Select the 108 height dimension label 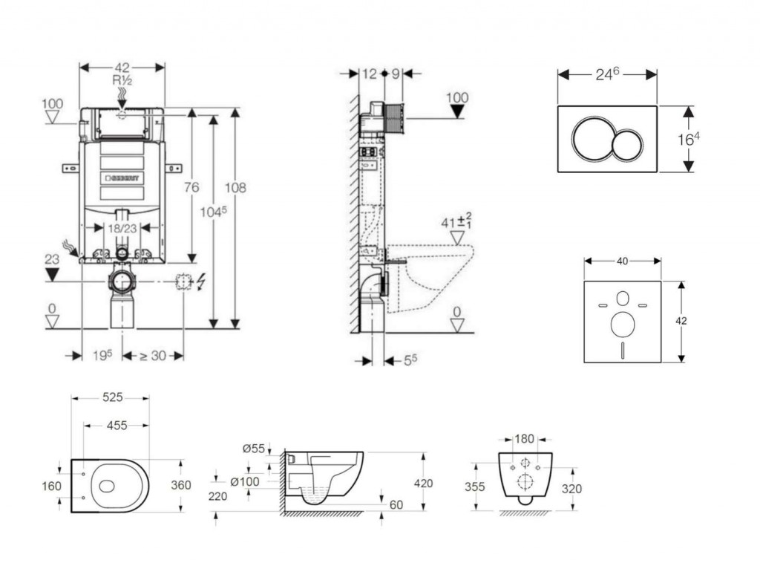[x=235, y=188]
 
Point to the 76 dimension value [x=191, y=188]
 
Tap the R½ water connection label [x=122, y=80]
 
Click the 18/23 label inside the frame [x=122, y=229]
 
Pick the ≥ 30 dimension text [x=153, y=356]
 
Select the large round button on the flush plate [x=591, y=139]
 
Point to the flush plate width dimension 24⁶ [x=607, y=74]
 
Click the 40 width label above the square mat [x=622, y=261]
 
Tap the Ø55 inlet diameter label [x=254, y=448]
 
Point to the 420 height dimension [x=423, y=484]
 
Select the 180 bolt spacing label [x=525, y=440]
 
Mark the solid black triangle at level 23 [x=51, y=275]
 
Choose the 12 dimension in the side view [x=370, y=74]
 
